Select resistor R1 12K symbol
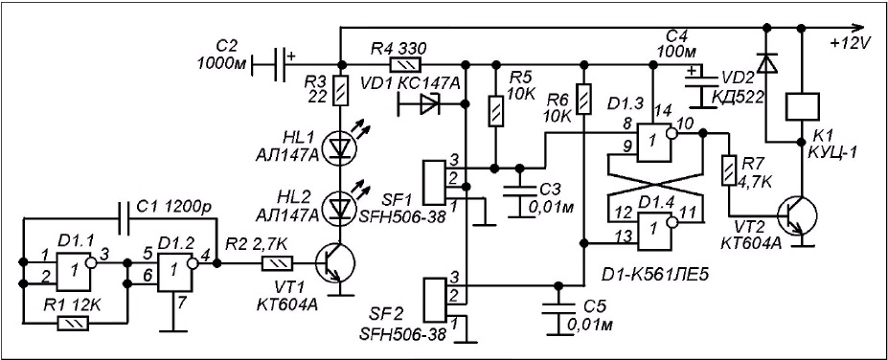click(73, 324)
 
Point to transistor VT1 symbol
click(334, 263)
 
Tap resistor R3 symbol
click(339, 92)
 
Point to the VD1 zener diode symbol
click(429, 104)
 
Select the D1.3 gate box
click(654, 142)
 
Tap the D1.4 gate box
click(654, 231)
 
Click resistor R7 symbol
click(729, 171)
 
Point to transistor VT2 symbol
click(797, 215)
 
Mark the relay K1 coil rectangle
click(802, 107)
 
